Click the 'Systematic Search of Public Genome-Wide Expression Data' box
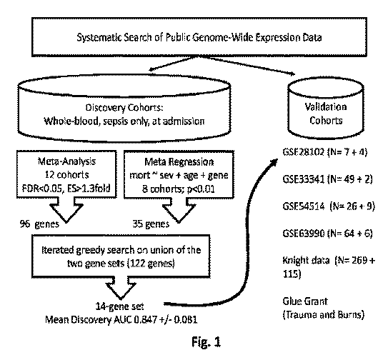pos(199,37)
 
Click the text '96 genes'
pos(39,224)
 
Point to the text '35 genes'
pos(151,224)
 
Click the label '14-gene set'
pos(119,306)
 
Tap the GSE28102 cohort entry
pos(325,151)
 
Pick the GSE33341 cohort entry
pos(327,179)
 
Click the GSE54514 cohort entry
pos(329,206)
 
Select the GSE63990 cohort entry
pos(327,234)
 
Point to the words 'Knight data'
pos(306,260)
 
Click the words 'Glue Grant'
pos(305,301)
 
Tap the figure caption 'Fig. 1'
pos(206,342)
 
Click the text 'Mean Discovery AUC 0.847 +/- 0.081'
pos(121,320)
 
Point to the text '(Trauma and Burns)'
pos(324,315)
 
